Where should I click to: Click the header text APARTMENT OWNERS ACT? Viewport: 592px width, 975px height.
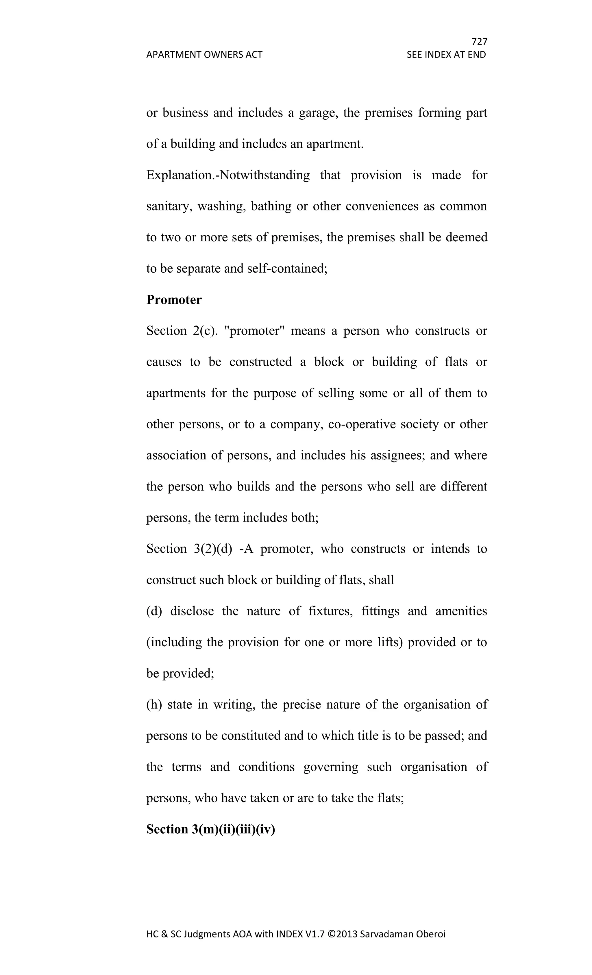[x=204, y=55]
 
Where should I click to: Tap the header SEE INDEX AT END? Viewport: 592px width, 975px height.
[x=446, y=55]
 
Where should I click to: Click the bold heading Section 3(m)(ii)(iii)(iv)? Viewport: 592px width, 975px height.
[x=210, y=829]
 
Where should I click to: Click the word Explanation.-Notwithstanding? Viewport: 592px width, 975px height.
[x=228, y=175]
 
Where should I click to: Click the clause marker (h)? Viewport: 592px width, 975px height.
[x=154, y=704]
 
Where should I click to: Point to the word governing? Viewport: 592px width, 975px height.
[x=331, y=767]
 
